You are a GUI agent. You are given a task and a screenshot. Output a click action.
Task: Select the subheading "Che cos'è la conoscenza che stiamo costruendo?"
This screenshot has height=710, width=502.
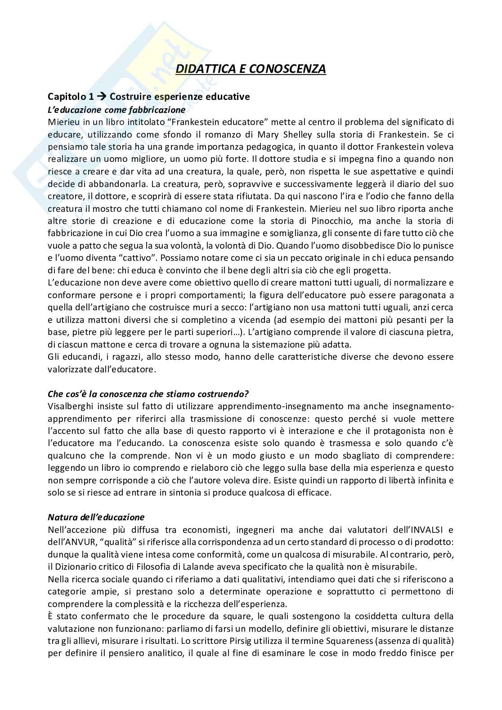coord(148,394)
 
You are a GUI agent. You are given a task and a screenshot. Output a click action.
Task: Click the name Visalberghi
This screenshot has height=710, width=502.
coord(70,406)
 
